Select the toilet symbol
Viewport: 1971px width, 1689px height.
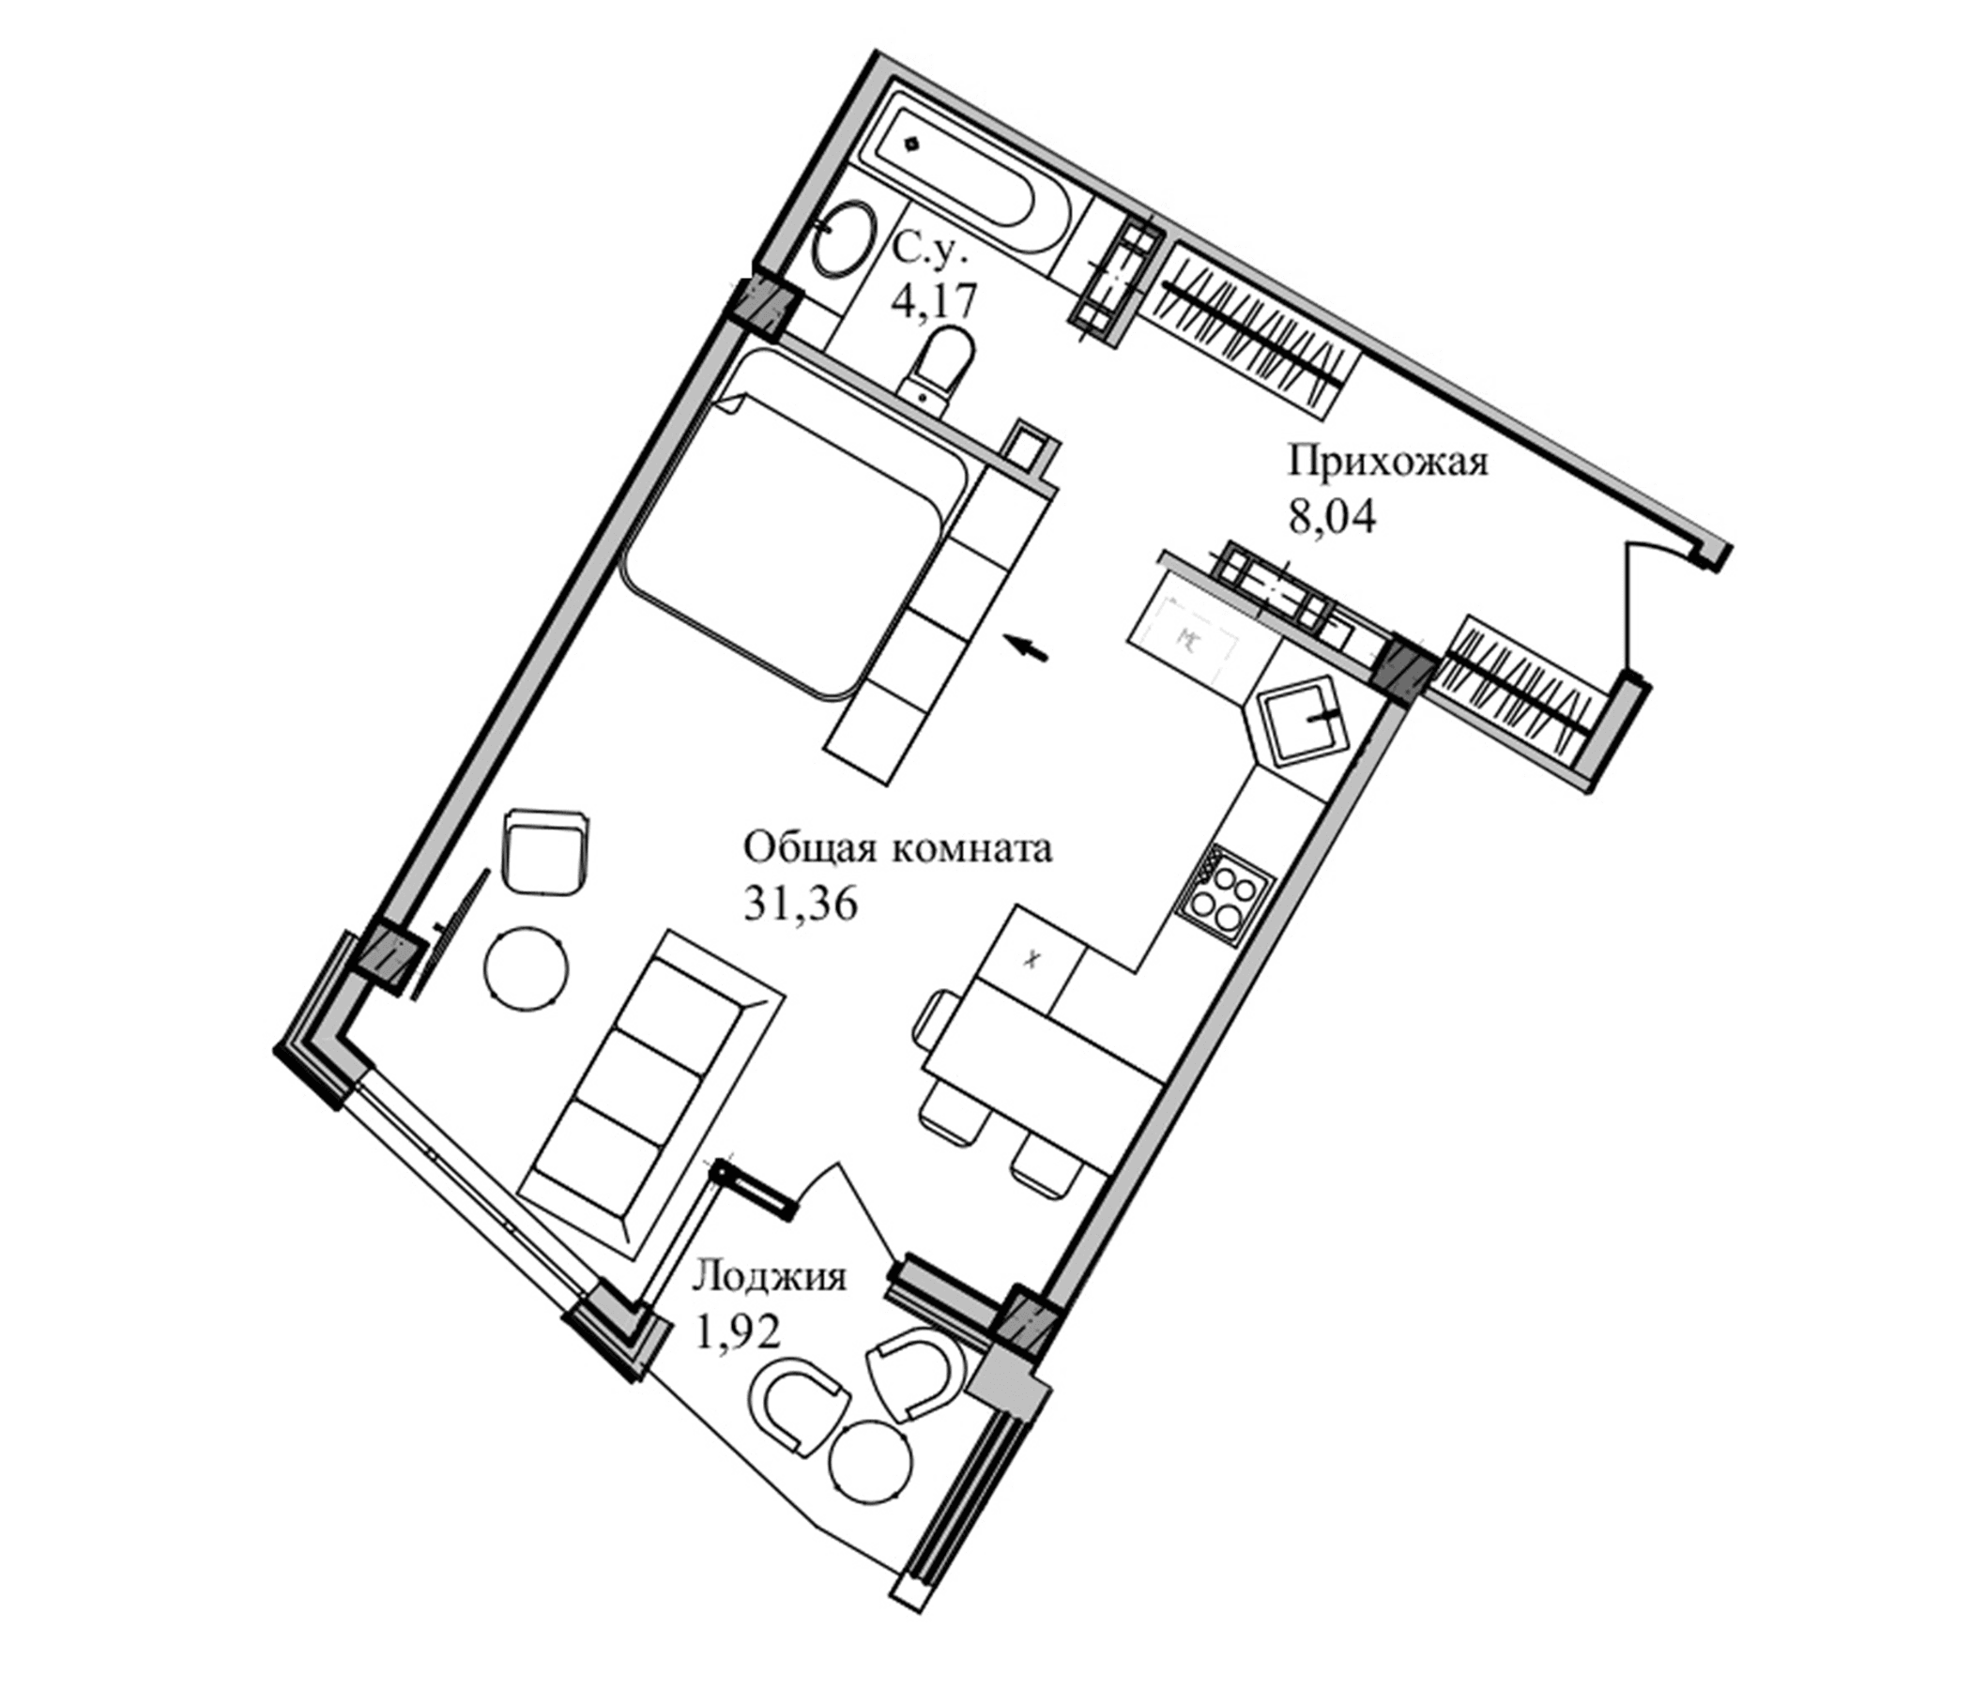941,366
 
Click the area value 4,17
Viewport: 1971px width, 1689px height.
933,302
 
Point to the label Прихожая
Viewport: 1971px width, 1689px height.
1388,464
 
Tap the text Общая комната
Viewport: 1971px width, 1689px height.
897,847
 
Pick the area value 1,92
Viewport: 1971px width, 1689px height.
738,1332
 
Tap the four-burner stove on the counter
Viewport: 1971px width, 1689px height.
1224,892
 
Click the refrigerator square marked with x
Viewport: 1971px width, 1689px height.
1031,960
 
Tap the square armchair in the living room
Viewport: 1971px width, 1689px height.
545,851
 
